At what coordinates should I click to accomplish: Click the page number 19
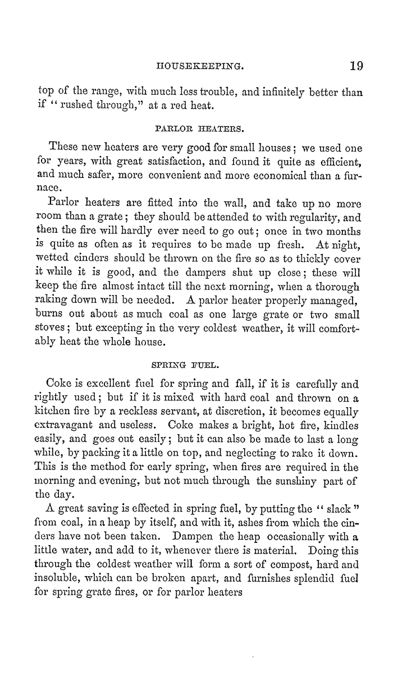(356, 66)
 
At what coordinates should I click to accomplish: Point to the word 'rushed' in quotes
(78, 106)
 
